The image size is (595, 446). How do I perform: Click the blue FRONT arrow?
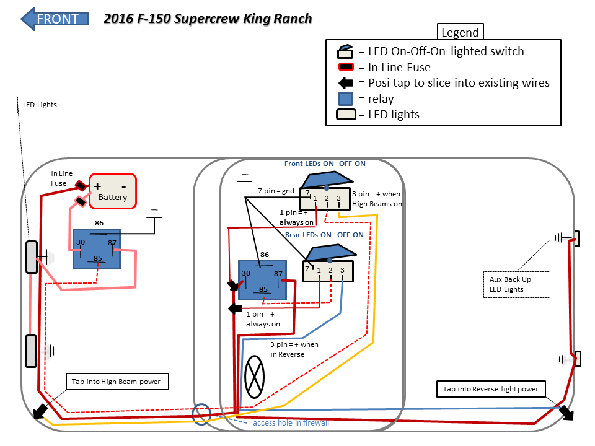point(55,19)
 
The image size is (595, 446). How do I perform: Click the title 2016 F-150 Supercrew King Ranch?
point(208,19)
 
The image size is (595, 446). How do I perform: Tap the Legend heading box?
point(460,33)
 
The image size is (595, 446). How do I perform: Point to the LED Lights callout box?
point(40,105)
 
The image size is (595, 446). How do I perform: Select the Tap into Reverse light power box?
point(491,389)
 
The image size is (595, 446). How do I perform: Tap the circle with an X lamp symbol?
point(255,377)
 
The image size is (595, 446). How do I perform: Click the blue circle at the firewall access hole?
point(201,414)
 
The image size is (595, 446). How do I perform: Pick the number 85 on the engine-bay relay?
point(97,258)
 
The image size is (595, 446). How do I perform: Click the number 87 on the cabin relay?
point(278,274)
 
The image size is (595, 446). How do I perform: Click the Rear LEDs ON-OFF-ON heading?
point(324,235)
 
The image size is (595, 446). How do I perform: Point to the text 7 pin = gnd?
point(276,190)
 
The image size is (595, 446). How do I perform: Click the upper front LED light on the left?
point(32,256)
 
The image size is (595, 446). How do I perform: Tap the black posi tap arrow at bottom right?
point(566,413)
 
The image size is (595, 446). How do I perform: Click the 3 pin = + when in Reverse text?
point(294,349)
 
